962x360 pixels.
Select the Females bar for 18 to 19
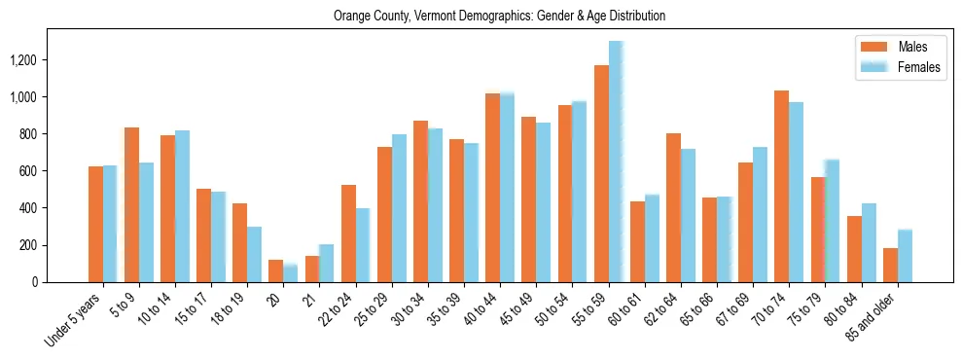254,254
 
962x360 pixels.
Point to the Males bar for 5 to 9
131,204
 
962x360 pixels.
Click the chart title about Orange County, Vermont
499,17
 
